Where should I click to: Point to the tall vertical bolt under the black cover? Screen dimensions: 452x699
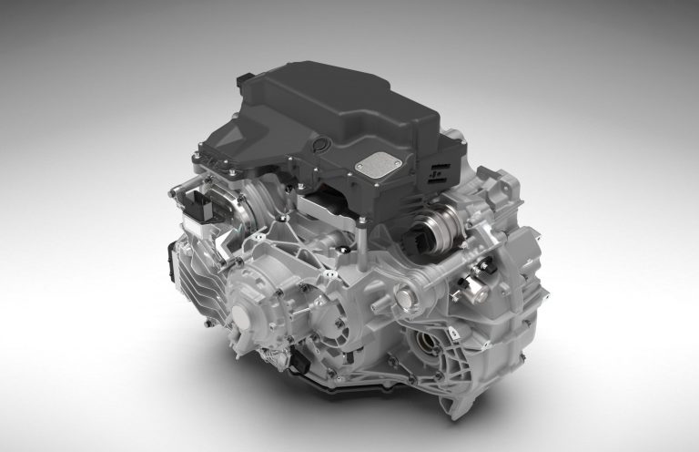tap(362, 247)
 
